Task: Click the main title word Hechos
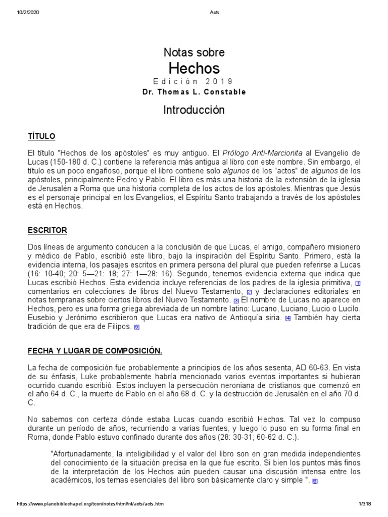[194, 68]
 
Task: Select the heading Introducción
[194, 110]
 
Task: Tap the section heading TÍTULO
[41, 137]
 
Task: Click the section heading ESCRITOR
[47, 230]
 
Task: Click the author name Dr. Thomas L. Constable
[194, 92]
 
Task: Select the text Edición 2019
[194, 82]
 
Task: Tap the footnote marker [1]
[358, 283]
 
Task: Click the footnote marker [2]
[249, 292]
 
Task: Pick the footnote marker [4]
[287, 318]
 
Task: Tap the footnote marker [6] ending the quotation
[315, 481]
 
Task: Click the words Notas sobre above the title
[194, 53]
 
